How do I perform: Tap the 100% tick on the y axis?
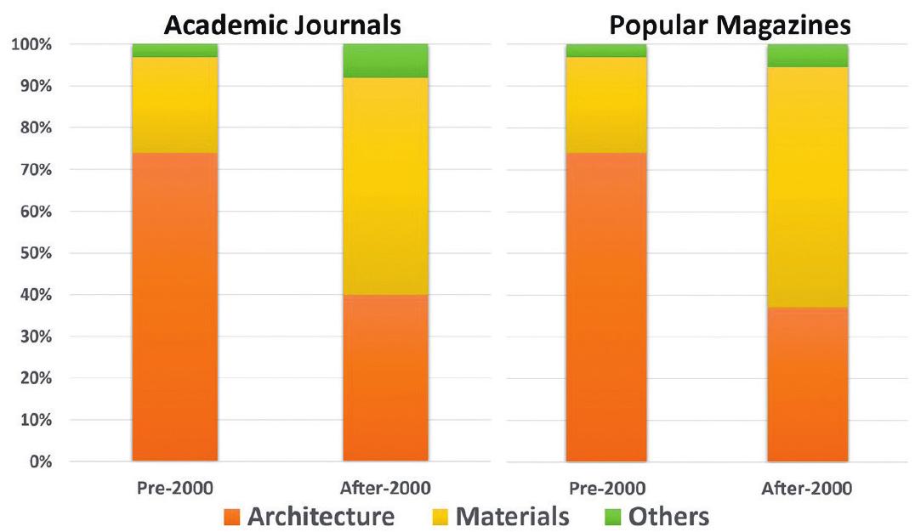(31, 44)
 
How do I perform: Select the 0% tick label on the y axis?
(38, 462)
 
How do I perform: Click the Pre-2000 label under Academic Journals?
(174, 489)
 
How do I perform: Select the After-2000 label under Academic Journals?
(385, 489)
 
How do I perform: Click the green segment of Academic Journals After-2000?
(385, 60)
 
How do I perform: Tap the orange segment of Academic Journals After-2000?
(385, 378)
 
